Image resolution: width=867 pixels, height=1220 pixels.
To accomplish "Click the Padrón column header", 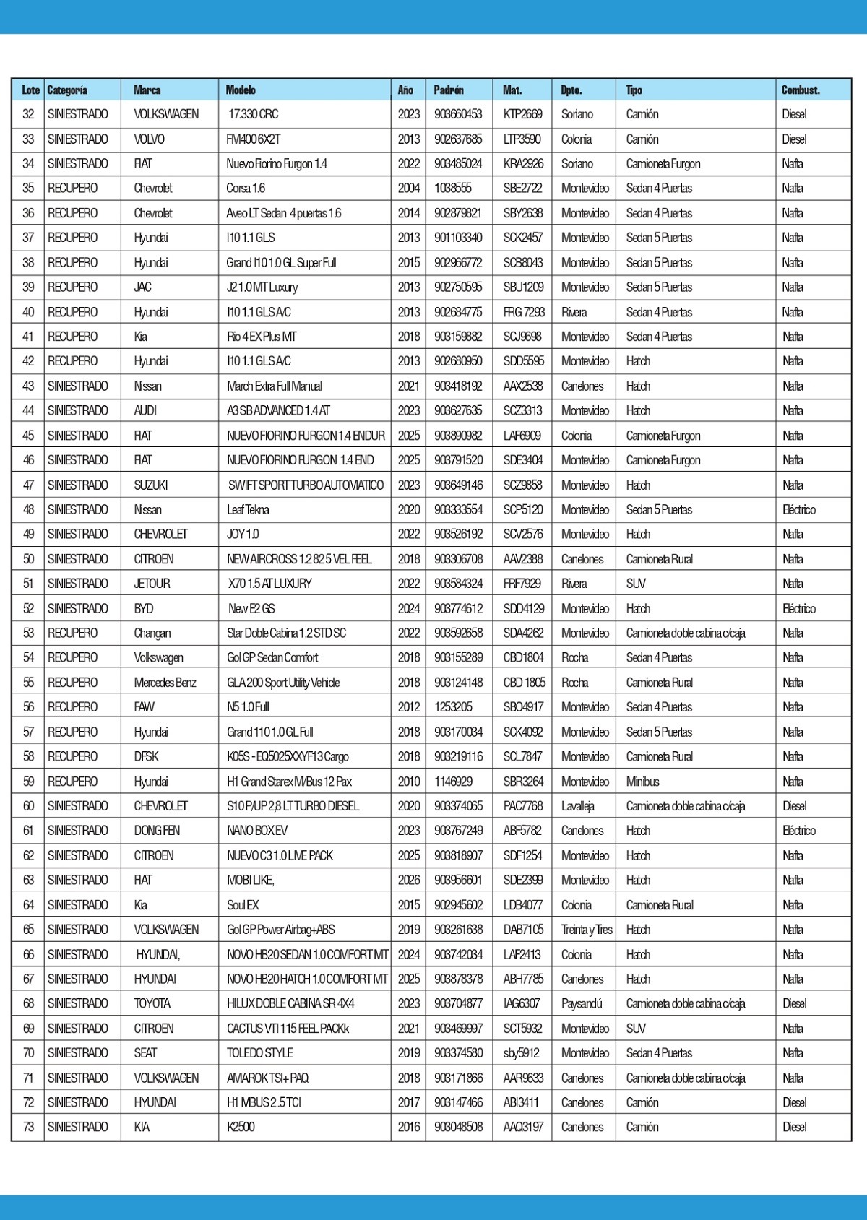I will click(449, 90).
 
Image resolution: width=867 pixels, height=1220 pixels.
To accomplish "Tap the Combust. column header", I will click(801, 90).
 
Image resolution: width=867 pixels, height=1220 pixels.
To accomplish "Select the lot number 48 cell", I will click(28, 510).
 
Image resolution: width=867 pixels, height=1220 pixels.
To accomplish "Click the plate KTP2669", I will click(522, 114).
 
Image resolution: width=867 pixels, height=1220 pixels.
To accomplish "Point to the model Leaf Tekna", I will click(248, 510).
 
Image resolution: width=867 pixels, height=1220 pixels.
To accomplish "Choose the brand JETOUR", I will click(151, 584).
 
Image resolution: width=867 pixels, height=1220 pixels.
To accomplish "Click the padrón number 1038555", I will click(453, 189).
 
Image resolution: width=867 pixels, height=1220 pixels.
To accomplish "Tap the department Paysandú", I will click(582, 1003).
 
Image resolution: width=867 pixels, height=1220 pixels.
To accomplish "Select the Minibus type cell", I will click(642, 782).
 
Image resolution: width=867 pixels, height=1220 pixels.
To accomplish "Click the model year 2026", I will click(408, 880).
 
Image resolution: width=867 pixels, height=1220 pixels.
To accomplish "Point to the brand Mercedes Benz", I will click(165, 683).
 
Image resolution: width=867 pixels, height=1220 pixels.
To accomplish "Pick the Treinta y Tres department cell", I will click(587, 930).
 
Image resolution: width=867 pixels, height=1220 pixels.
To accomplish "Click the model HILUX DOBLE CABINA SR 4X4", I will click(290, 1003).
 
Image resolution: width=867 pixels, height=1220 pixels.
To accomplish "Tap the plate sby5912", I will click(521, 1053).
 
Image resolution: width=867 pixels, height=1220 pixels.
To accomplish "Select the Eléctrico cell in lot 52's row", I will click(798, 609).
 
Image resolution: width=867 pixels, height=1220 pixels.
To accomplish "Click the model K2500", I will click(241, 1127).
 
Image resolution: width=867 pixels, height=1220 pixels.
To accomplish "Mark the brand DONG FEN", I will click(157, 831).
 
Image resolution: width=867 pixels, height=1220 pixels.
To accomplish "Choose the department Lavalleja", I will click(577, 806).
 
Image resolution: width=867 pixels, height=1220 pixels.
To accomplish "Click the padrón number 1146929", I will click(453, 782).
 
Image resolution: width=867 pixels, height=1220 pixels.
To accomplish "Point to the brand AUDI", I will click(145, 411).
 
